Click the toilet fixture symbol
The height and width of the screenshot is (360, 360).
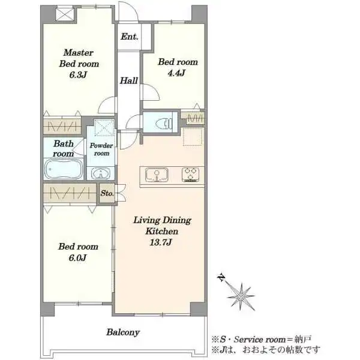click(x=164, y=124)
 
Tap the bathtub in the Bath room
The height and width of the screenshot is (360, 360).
click(x=64, y=169)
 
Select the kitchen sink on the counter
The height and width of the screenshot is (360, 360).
click(x=157, y=175)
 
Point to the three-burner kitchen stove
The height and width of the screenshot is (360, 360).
click(x=190, y=175)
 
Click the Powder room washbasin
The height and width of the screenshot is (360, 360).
click(x=100, y=173)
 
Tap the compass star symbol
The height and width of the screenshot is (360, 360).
click(x=241, y=296)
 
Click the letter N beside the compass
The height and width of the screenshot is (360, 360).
click(x=221, y=278)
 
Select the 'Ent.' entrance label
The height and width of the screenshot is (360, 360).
click(x=130, y=37)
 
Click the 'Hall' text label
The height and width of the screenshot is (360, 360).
click(x=129, y=80)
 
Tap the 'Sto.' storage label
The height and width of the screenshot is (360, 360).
click(x=107, y=193)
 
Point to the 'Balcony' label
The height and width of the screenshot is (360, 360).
click(x=123, y=332)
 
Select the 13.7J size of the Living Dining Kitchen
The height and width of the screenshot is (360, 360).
click(x=161, y=242)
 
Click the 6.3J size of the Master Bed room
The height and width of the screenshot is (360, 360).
click(x=78, y=75)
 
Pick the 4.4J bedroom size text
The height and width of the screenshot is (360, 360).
click(x=176, y=73)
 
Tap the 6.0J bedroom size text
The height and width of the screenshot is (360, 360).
click(x=77, y=257)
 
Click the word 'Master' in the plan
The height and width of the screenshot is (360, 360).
click(x=79, y=53)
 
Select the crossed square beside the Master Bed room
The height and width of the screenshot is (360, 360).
click(x=65, y=14)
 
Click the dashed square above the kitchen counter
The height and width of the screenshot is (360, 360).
click(x=193, y=137)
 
